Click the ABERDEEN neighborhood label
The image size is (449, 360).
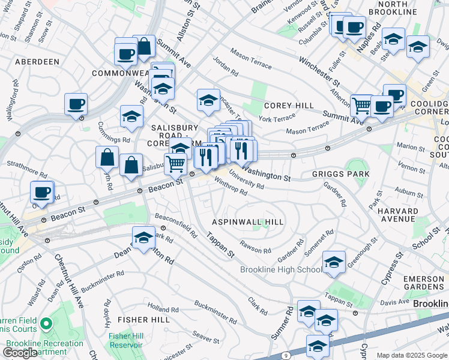[37, 62]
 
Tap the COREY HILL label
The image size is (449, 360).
[289, 106]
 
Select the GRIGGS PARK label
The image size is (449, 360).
[340, 174]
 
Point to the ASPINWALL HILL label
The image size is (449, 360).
[248, 222]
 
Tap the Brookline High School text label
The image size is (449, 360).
[280, 269]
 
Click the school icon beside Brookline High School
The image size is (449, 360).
[334, 262]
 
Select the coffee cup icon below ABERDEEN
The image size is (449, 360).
[76, 104]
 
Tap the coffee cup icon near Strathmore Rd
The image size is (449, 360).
[42, 192]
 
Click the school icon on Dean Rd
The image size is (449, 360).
[143, 238]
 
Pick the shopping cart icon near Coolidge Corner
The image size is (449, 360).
[361, 105]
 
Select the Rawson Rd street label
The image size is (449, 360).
[251, 246]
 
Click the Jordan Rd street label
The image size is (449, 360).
[227, 67]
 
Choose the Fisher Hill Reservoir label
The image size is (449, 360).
[125, 340]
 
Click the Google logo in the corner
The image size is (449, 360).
[20, 352]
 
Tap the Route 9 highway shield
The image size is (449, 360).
[286, 356]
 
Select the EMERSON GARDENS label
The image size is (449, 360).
[424, 284]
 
